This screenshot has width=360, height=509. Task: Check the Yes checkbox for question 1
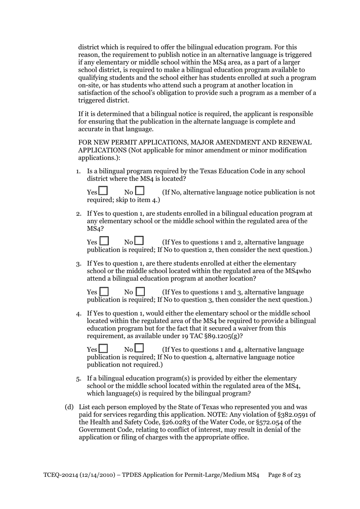point(103,190)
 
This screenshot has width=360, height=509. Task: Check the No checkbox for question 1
point(140,190)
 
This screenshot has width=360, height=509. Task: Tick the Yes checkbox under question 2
point(104,241)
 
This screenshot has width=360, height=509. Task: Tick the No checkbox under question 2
point(139,241)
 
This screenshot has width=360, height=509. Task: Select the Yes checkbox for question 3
point(104,292)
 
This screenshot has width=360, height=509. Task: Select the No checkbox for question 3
point(140,292)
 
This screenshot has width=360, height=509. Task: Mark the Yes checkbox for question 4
point(103,349)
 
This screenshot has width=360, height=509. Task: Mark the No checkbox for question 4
point(139,348)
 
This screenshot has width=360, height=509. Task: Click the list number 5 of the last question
point(78,379)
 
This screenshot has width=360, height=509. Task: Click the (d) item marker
point(69,407)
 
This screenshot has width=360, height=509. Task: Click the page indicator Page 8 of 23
point(284,475)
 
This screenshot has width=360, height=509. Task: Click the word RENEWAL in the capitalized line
point(295,143)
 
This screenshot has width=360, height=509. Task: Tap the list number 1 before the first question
point(78,171)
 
